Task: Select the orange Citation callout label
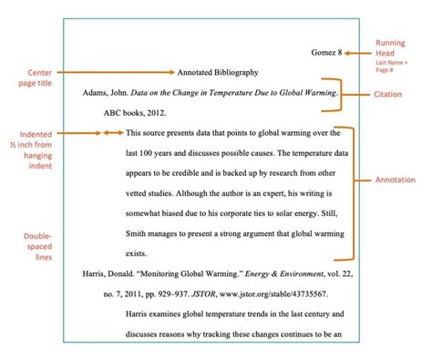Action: coord(395,94)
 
